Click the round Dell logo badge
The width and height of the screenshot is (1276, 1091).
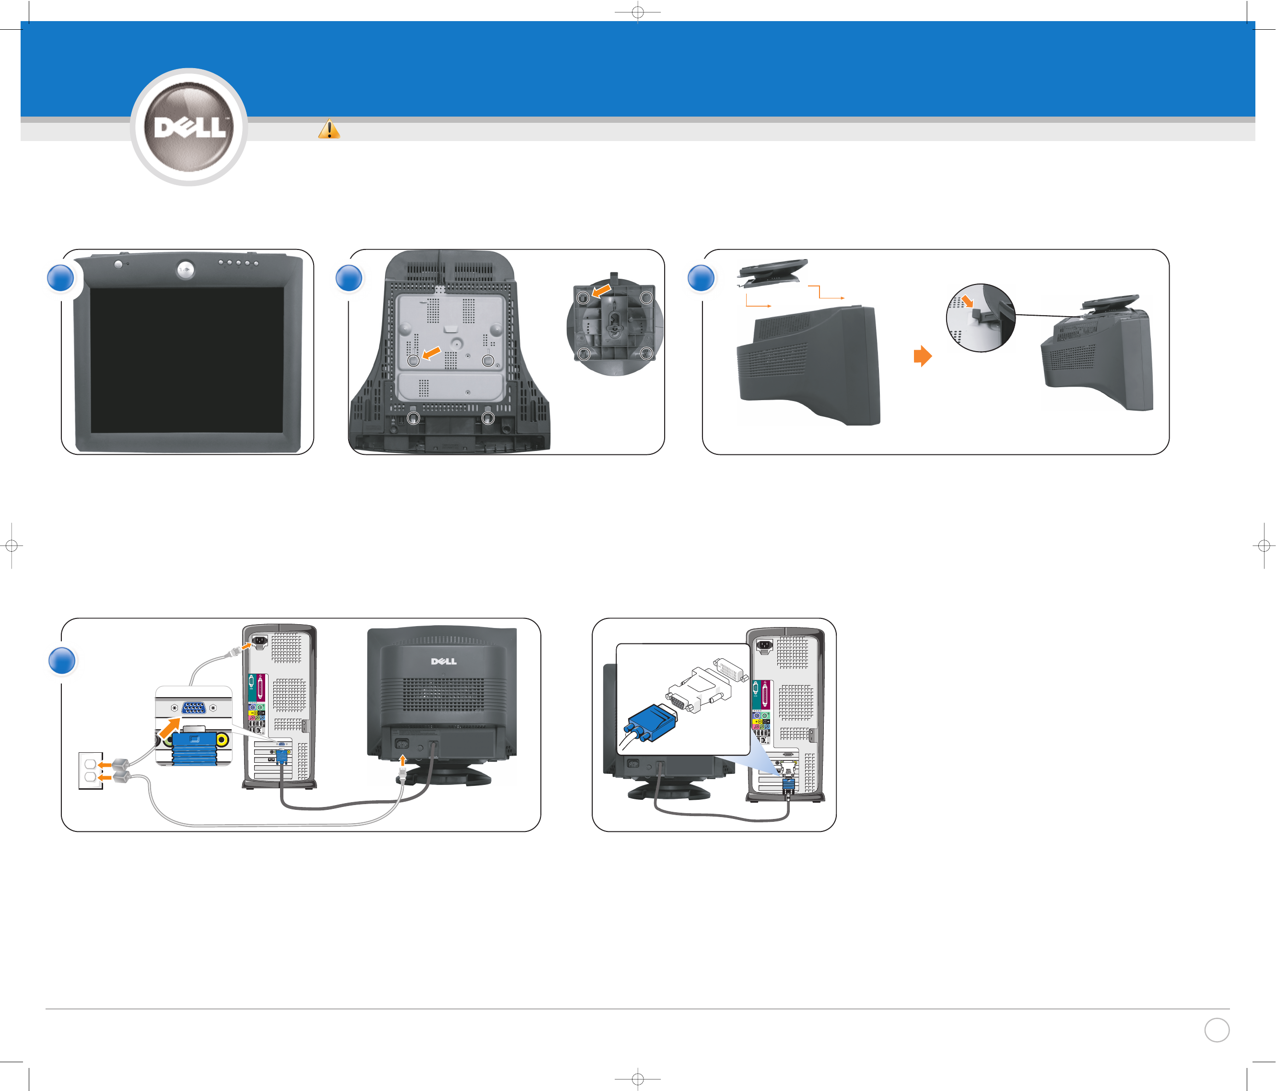[x=189, y=127]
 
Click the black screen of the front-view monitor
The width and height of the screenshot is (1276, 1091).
[x=187, y=359]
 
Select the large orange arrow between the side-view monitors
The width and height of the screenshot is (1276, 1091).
[x=923, y=356]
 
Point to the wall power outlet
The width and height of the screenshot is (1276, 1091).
[x=90, y=770]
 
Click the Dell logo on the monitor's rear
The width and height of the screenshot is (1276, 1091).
[x=444, y=661]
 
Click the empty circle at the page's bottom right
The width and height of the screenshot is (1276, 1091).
[x=1216, y=1030]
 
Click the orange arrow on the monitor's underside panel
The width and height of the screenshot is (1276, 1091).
[x=432, y=352]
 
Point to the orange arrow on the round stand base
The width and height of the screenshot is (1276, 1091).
[x=602, y=289]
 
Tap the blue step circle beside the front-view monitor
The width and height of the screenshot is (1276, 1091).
[x=60, y=278]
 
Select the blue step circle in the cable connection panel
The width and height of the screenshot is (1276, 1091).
[x=61, y=660]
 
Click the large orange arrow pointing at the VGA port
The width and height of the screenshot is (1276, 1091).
[x=170, y=728]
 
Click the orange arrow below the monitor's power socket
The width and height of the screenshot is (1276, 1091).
[x=403, y=759]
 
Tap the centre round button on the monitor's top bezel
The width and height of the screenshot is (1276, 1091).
[x=186, y=269]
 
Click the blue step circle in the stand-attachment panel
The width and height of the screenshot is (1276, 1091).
[x=701, y=278]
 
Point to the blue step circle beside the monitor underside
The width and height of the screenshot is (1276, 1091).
[x=349, y=278]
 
